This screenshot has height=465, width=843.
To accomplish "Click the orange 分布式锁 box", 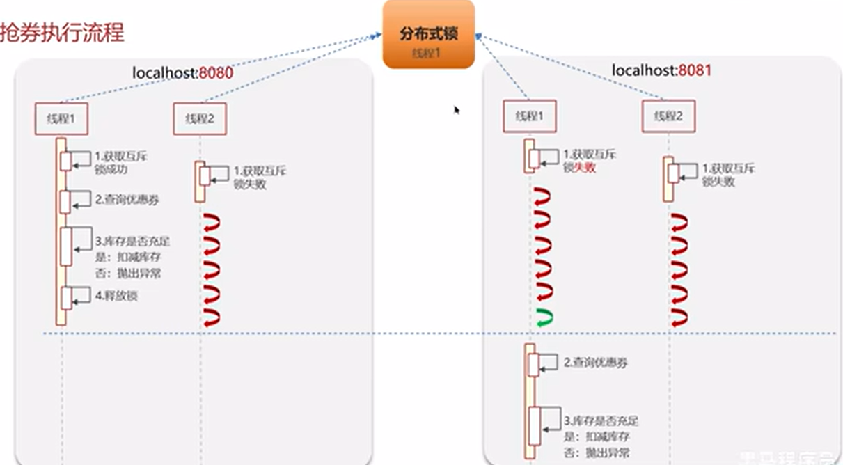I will pos(428,34).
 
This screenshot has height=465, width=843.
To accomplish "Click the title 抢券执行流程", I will pos(62,33).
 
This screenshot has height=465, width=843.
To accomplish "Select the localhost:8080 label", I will pos(182,72).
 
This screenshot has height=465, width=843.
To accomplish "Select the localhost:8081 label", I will pos(661,70).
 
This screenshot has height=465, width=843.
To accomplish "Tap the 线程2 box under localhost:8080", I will pos(200,119).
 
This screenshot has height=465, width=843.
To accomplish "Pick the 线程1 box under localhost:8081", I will pos(530,117).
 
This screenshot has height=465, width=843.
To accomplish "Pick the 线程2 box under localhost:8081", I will pos(668,117).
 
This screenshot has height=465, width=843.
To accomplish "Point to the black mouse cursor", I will pos(457,109).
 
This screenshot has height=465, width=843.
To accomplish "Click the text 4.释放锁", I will pos(116,296).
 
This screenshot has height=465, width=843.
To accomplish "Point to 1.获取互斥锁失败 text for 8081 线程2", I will pos(729,175).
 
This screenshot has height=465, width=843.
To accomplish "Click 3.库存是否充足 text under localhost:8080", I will pos(132,242).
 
